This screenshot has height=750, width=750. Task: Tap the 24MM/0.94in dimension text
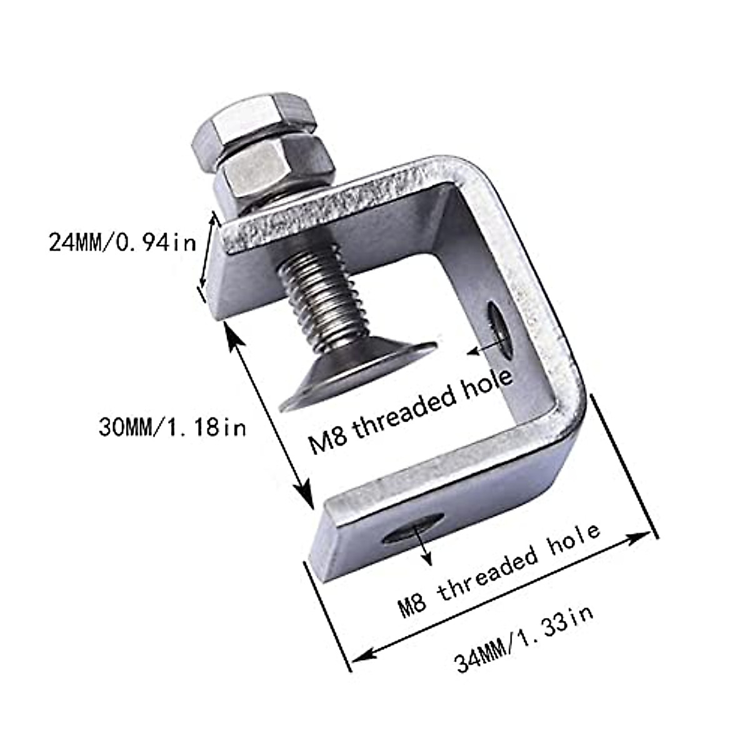click(122, 241)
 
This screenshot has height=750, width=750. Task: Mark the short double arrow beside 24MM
click(209, 250)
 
